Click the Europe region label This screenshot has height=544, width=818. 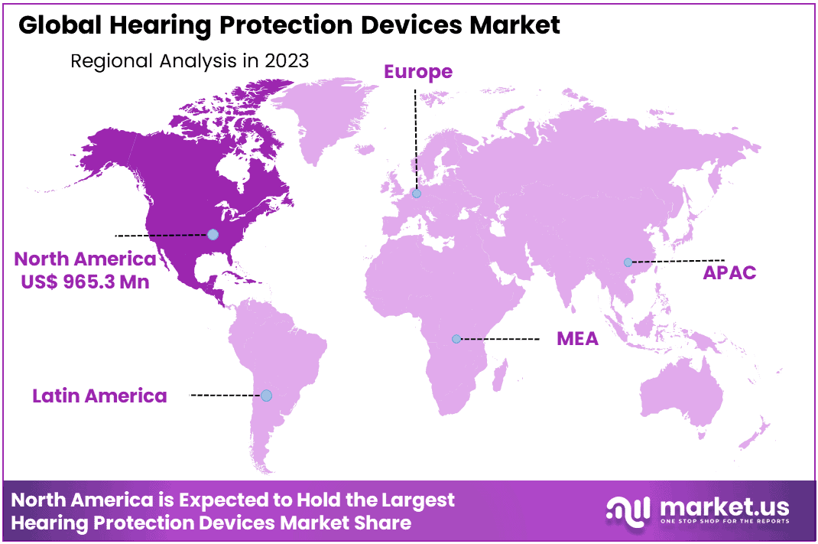click(x=417, y=72)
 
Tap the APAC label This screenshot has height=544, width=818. click(x=729, y=272)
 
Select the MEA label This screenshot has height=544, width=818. click(x=577, y=338)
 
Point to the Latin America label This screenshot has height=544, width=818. click(x=99, y=396)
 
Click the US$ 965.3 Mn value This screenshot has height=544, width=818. click(x=86, y=282)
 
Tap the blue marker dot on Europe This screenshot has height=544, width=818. click(x=417, y=194)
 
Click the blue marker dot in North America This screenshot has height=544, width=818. click(x=213, y=234)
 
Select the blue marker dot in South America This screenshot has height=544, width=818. click(x=266, y=396)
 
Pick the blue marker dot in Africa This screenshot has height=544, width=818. click(x=456, y=338)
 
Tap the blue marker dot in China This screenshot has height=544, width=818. click(x=628, y=262)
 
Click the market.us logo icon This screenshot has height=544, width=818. click(x=628, y=510)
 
